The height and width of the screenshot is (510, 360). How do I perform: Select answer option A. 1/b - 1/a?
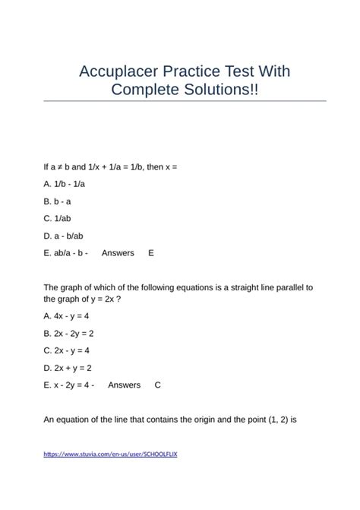click(65, 183)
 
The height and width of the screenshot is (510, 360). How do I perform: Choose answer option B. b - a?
click(58, 201)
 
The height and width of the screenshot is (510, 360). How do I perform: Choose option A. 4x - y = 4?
click(67, 315)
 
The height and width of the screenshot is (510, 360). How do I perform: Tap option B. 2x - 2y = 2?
click(69, 333)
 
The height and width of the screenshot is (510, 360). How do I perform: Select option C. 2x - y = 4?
click(67, 350)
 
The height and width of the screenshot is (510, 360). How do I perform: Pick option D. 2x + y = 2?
click(68, 368)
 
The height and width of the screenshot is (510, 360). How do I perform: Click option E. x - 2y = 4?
click(69, 385)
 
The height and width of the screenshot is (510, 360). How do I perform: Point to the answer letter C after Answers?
click(157, 385)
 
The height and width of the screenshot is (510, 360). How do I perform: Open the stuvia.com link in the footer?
click(111, 454)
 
